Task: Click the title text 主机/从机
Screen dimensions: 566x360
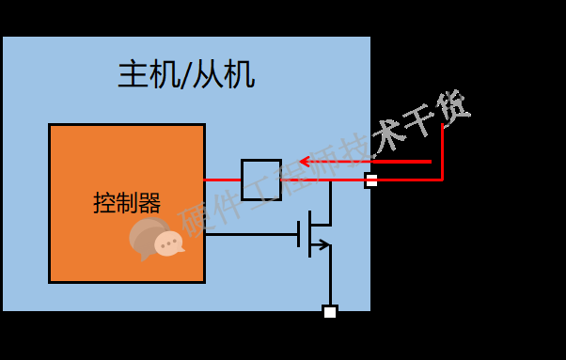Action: pyautogui.click(x=186, y=74)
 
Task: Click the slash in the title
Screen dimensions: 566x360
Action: pyautogui.click(x=186, y=74)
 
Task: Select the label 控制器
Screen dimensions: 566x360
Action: pyautogui.click(x=127, y=203)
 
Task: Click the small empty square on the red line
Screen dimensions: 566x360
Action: pyautogui.click(x=260, y=180)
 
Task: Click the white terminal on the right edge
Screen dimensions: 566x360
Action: pyautogui.click(x=371, y=180)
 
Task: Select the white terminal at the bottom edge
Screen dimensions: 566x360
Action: pyautogui.click(x=329, y=312)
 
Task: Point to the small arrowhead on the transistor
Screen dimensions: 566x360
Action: pyautogui.click(x=323, y=245)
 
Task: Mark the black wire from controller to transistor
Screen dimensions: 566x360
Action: pyautogui.click(x=251, y=234)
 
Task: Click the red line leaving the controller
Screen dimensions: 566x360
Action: pyautogui.click(x=223, y=180)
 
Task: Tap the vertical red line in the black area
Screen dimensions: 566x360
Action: pyautogui.click(x=442, y=150)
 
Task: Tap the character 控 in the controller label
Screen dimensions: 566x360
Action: pyautogui.click(x=104, y=203)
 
